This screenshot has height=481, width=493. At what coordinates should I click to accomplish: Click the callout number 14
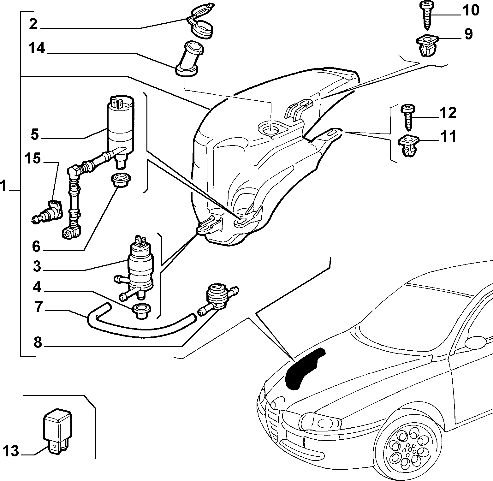[x=36, y=49]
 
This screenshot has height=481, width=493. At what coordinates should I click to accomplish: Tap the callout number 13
[x=11, y=451]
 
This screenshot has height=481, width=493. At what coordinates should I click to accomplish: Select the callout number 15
[x=33, y=158]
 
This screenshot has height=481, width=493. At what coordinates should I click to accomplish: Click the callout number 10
[x=471, y=10]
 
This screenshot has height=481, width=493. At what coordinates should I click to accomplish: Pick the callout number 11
[x=448, y=137]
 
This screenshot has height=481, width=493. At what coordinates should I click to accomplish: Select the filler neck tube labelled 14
[x=189, y=59]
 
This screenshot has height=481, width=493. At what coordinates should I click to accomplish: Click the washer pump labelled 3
[x=139, y=268]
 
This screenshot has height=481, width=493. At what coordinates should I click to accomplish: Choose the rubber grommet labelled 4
[x=141, y=312]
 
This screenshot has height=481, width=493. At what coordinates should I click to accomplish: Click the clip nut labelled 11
[x=409, y=145]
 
